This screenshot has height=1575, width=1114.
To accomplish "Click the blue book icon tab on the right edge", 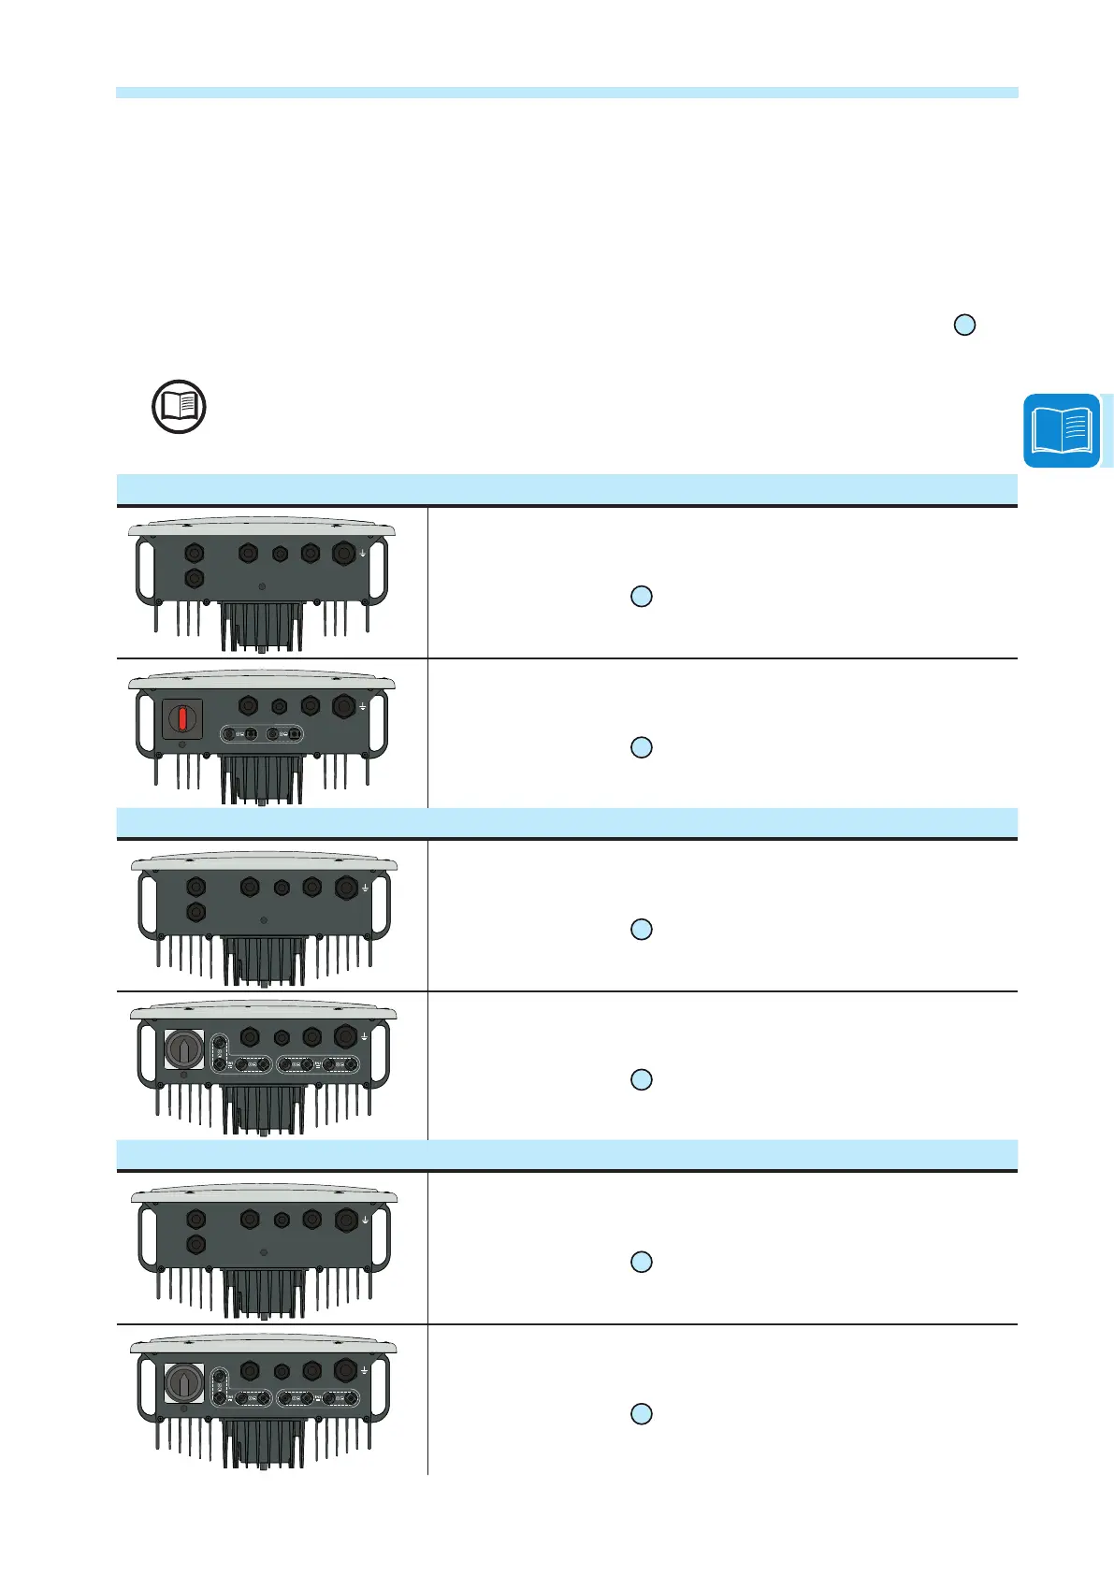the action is (1062, 430).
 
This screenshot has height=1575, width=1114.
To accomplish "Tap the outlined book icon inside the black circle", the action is (179, 407).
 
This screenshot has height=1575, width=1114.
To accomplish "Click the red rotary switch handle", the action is (183, 719).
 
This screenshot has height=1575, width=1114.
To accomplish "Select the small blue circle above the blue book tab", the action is (964, 325).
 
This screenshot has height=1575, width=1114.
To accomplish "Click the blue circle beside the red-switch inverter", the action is (641, 747).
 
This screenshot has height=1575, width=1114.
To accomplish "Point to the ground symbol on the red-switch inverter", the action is (362, 708).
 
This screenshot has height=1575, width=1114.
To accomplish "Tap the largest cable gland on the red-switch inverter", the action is (343, 707).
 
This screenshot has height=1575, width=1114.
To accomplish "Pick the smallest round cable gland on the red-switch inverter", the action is (279, 707).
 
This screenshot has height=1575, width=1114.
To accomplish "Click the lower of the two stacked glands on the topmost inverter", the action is (195, 578).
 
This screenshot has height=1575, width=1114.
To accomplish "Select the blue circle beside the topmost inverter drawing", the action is (641, 596).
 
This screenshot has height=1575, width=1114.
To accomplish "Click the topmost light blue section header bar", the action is (566, 489).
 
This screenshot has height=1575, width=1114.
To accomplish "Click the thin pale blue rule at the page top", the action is (566, 93).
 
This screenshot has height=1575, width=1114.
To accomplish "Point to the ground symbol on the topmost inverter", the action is (362, 554).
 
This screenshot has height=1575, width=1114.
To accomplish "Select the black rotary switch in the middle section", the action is (183, 1048).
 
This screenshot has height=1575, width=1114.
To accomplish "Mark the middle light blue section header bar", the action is (566, 822).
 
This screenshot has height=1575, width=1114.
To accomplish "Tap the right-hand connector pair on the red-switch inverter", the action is (282, 735).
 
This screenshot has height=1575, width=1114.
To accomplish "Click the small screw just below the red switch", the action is (183, 745).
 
